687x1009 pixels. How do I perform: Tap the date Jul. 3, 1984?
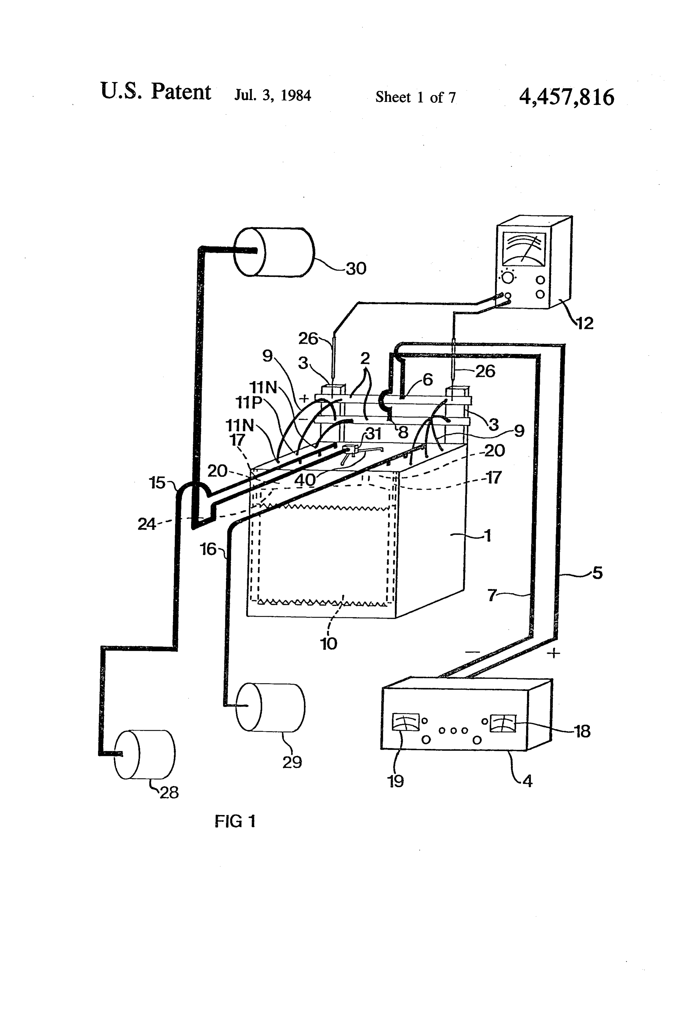point(273,95)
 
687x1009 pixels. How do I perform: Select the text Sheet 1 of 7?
point(415,97)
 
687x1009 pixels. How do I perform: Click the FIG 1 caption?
point(235,821)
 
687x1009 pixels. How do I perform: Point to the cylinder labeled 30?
point(274,252)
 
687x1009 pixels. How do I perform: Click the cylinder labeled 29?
point(270,708)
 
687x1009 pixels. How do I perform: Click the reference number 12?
point(584,323)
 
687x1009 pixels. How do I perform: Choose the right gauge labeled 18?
point(503,723)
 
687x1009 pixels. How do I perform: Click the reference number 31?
point(373,434)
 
